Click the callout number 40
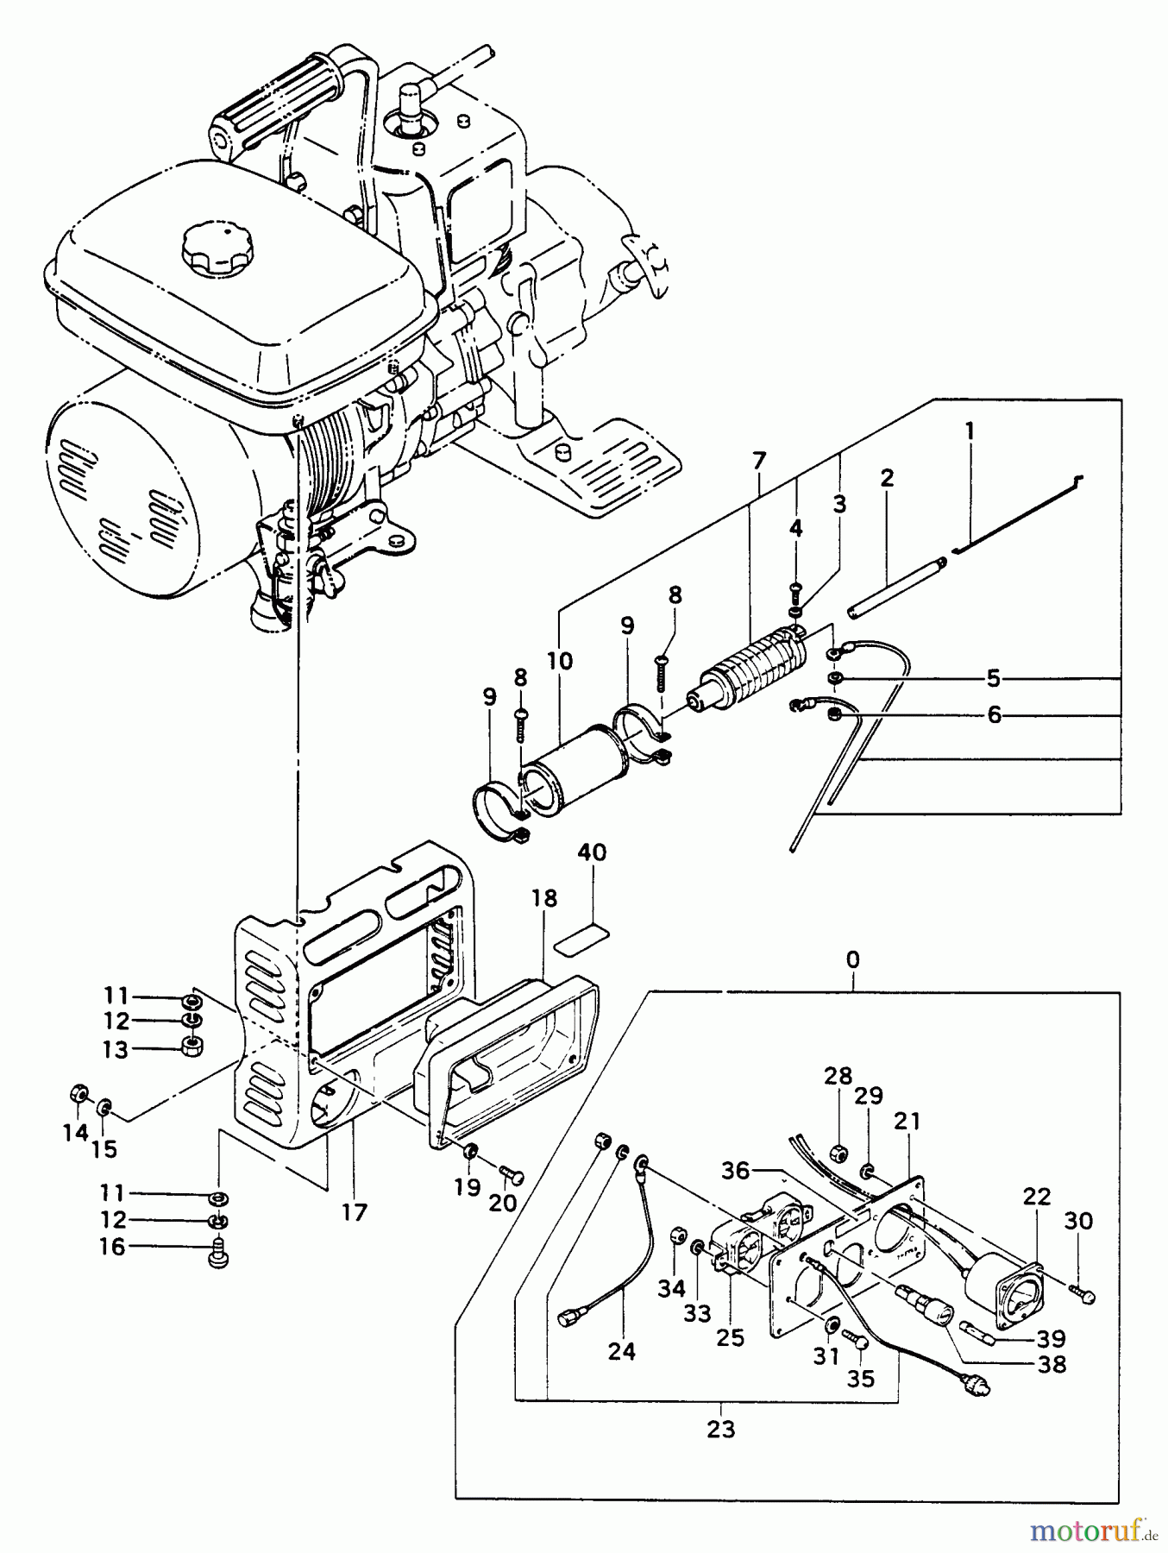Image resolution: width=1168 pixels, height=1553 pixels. coord(592,853)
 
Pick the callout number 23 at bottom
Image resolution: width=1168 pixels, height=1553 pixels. coord(720,1429)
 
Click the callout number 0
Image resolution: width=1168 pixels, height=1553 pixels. coord(853,959)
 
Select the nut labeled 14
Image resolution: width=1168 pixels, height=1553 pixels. coord(78,1095)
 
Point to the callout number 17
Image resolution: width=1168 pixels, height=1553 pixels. coord(354,1212)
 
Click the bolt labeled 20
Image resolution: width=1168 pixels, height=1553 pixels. coord(512,1176)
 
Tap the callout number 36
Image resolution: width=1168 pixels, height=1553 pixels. coord(737,1170)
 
